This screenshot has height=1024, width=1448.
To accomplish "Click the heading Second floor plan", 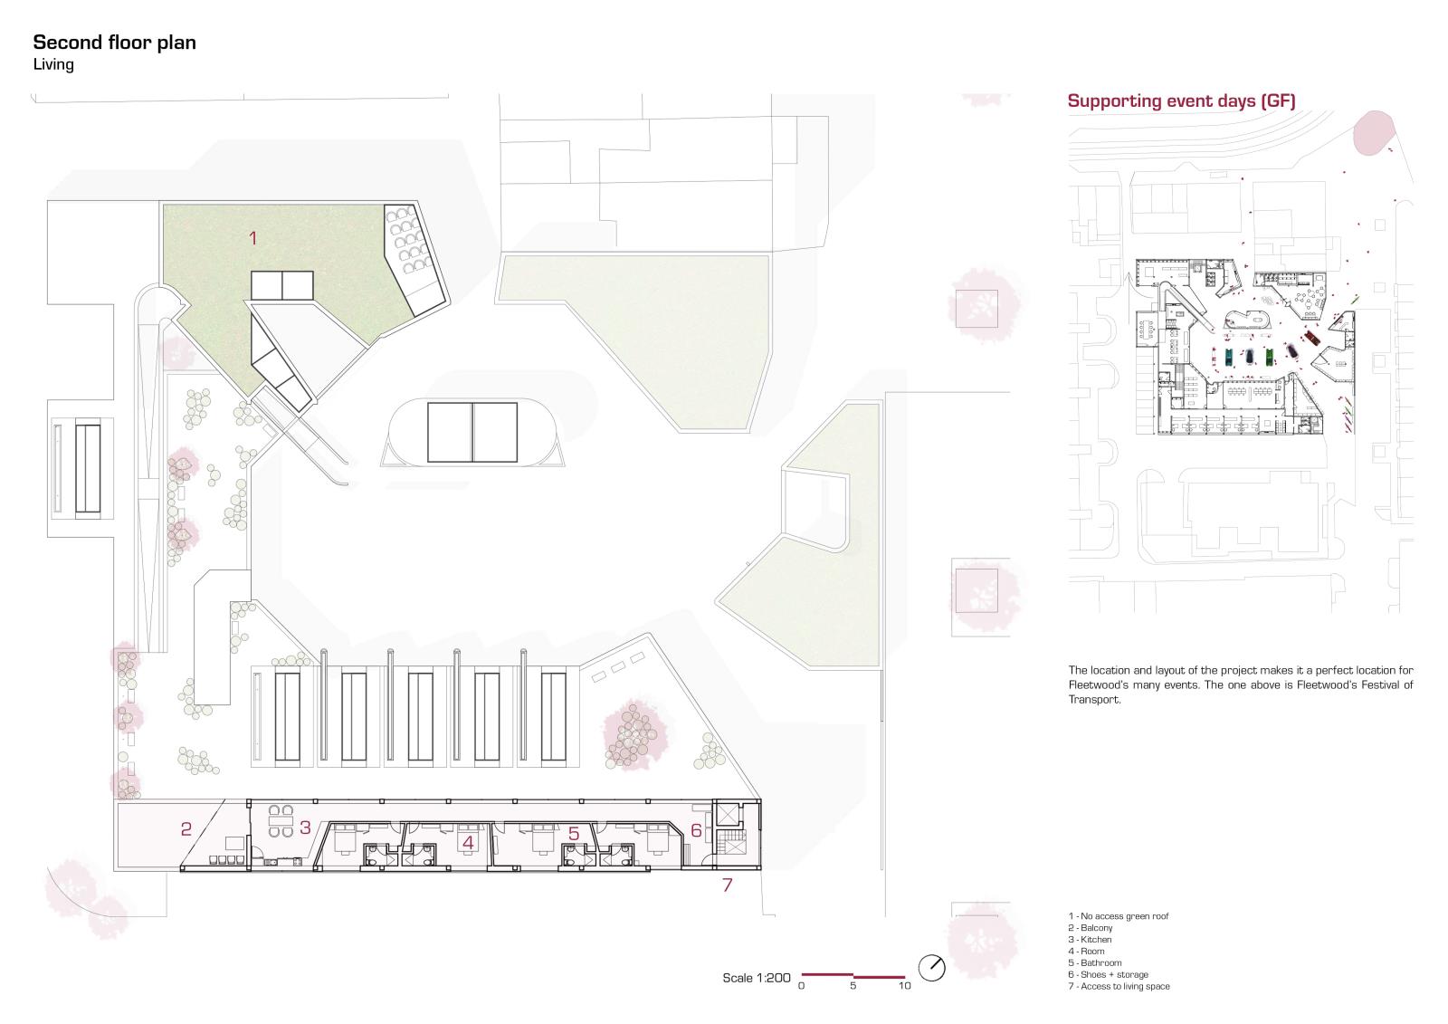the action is point(114,43).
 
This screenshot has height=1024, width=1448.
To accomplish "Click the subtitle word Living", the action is point(53,64).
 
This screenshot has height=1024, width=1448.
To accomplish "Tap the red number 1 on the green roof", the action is point(253,238).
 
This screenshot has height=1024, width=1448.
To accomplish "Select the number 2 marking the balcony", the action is point(186,828).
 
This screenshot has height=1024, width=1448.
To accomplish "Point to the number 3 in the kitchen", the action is point(305,828).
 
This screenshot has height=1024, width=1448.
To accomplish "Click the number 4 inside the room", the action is point(468,842).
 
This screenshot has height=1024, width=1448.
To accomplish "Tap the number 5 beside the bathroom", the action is point(574,834).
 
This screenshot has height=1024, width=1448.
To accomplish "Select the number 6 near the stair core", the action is point(696,830).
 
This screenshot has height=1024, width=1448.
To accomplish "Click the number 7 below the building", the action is point(728,885).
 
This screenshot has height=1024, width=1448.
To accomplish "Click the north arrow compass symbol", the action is point(931,968).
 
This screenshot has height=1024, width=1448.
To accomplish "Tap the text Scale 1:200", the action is point(757,978).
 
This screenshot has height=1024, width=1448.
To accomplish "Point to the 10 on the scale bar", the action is point(904,986).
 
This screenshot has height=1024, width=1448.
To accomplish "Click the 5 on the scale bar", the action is point(853,986).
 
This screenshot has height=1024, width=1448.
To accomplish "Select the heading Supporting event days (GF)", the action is point(1182,101).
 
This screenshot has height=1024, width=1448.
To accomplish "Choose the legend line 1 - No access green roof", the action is point(1119,916).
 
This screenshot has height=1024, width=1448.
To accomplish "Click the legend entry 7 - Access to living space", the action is point(1119,987).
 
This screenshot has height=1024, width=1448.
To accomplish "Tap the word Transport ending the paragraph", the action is point(1094,699).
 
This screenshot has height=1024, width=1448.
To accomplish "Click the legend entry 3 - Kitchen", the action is point(1090,939).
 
